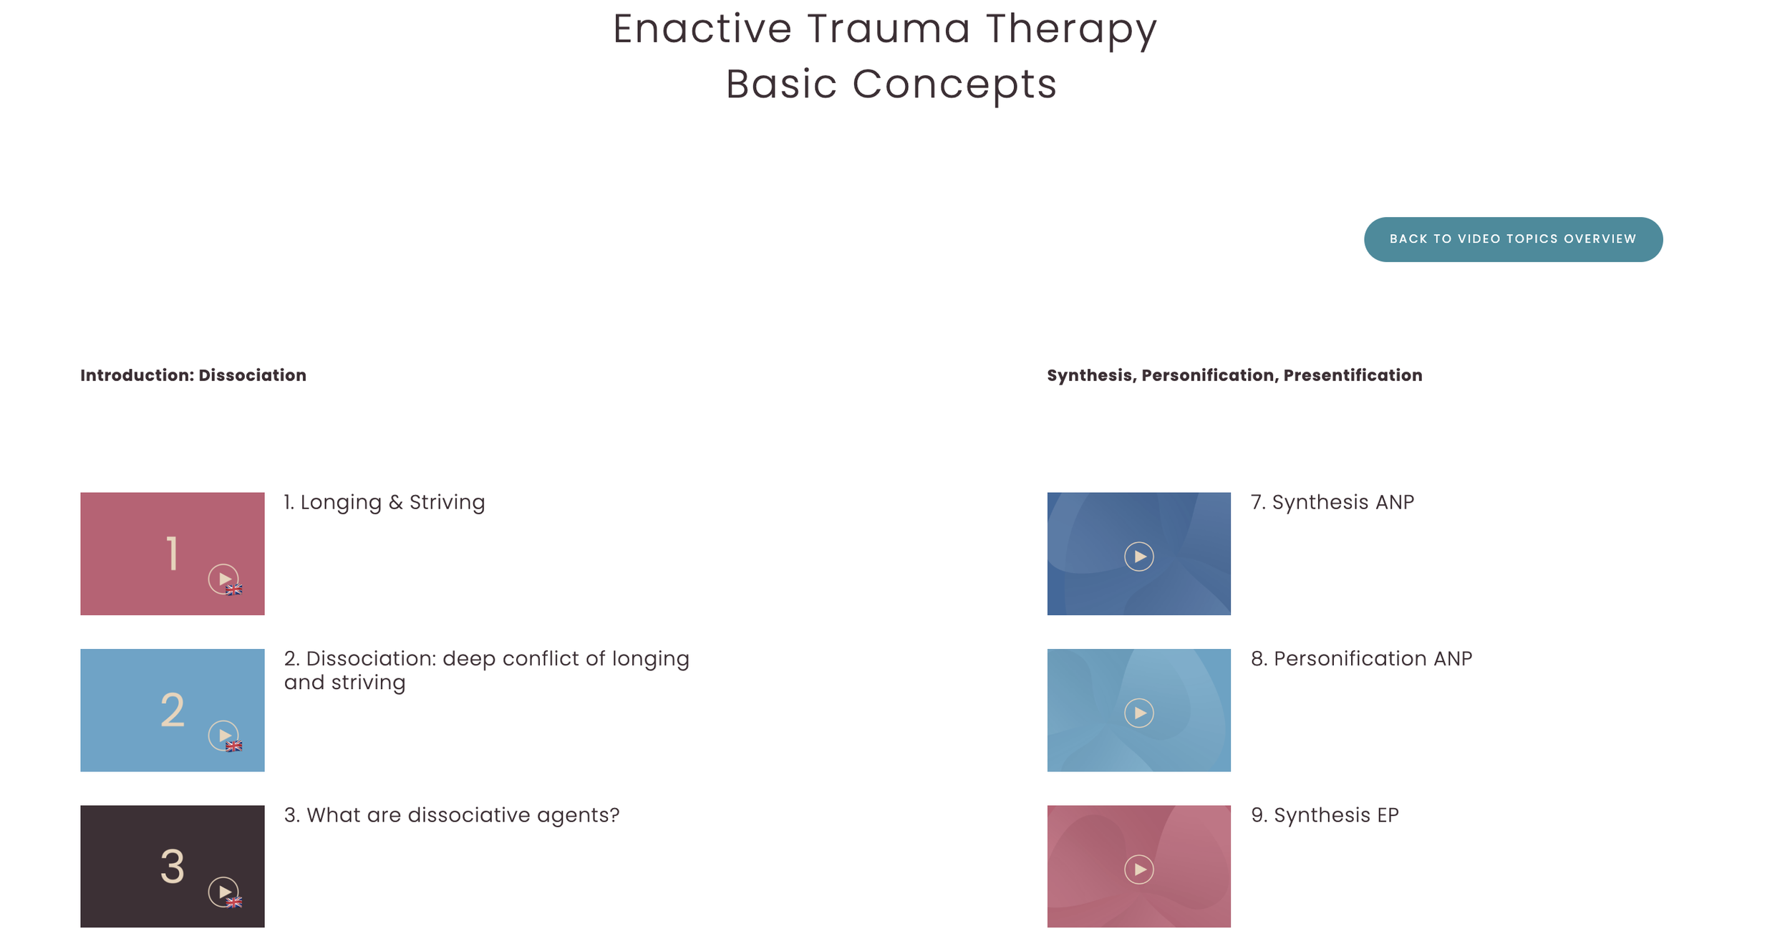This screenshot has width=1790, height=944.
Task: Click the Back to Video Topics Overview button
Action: click(x=1512, y=239)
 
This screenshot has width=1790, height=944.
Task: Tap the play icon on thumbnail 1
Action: click(x=223, y=579)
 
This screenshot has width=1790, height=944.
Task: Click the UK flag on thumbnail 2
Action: click(x=234, y=746)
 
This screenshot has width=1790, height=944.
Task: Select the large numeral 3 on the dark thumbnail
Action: click(x=172, y=867)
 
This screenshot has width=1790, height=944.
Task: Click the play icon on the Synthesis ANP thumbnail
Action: click(x=1138, y=557)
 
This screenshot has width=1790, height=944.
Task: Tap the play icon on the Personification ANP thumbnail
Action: click(x=1138, y=713)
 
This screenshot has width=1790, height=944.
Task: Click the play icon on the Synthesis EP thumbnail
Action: click(x=1138, y=870)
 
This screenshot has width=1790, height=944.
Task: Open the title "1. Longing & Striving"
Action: click(x=384, y=502)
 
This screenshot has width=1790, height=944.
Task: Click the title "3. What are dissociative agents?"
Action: click(x=452, y=815)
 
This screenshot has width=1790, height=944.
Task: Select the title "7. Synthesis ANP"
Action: click(x=1332, y=502)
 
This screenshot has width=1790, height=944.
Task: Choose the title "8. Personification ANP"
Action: click(x=1361, y=659)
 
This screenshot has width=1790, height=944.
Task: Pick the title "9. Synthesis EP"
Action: click(x=1325, y=815)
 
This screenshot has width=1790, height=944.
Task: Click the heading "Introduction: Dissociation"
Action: click(x=193, y=375)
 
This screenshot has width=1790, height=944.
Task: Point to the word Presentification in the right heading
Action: click(x=1353, y=375)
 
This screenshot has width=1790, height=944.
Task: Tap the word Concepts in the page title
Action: click(x=954, y=85)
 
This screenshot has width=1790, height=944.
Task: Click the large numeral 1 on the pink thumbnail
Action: click(x=172, y=554)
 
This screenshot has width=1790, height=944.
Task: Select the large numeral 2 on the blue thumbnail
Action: click(x=172, y=711)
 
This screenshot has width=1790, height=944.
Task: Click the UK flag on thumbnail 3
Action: click(x=234, y=902)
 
